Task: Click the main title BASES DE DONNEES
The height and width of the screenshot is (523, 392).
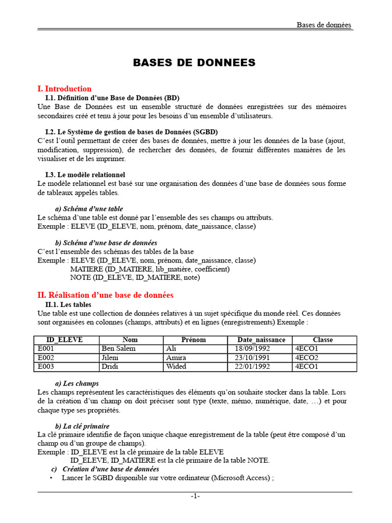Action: tap(194, 63)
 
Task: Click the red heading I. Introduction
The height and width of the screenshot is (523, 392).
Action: tap(65, 89)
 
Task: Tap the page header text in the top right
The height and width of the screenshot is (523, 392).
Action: tap(324, 25)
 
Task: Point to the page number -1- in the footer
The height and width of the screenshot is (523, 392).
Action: tap(195, 496)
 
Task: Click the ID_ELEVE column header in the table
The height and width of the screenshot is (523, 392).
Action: tap(64, 340)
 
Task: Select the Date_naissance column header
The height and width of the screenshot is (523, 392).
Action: tap(261, 340)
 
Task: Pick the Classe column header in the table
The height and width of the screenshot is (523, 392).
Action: tap(323, 340)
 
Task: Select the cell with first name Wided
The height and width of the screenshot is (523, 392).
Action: tap(176, 367)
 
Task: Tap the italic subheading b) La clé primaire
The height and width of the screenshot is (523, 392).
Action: tap(82, 426)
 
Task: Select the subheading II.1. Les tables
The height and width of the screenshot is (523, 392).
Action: tap(68, 305)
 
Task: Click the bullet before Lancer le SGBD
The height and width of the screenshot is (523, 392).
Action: tap(51, 478)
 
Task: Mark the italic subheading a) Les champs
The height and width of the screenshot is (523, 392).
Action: tap(77, 384)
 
